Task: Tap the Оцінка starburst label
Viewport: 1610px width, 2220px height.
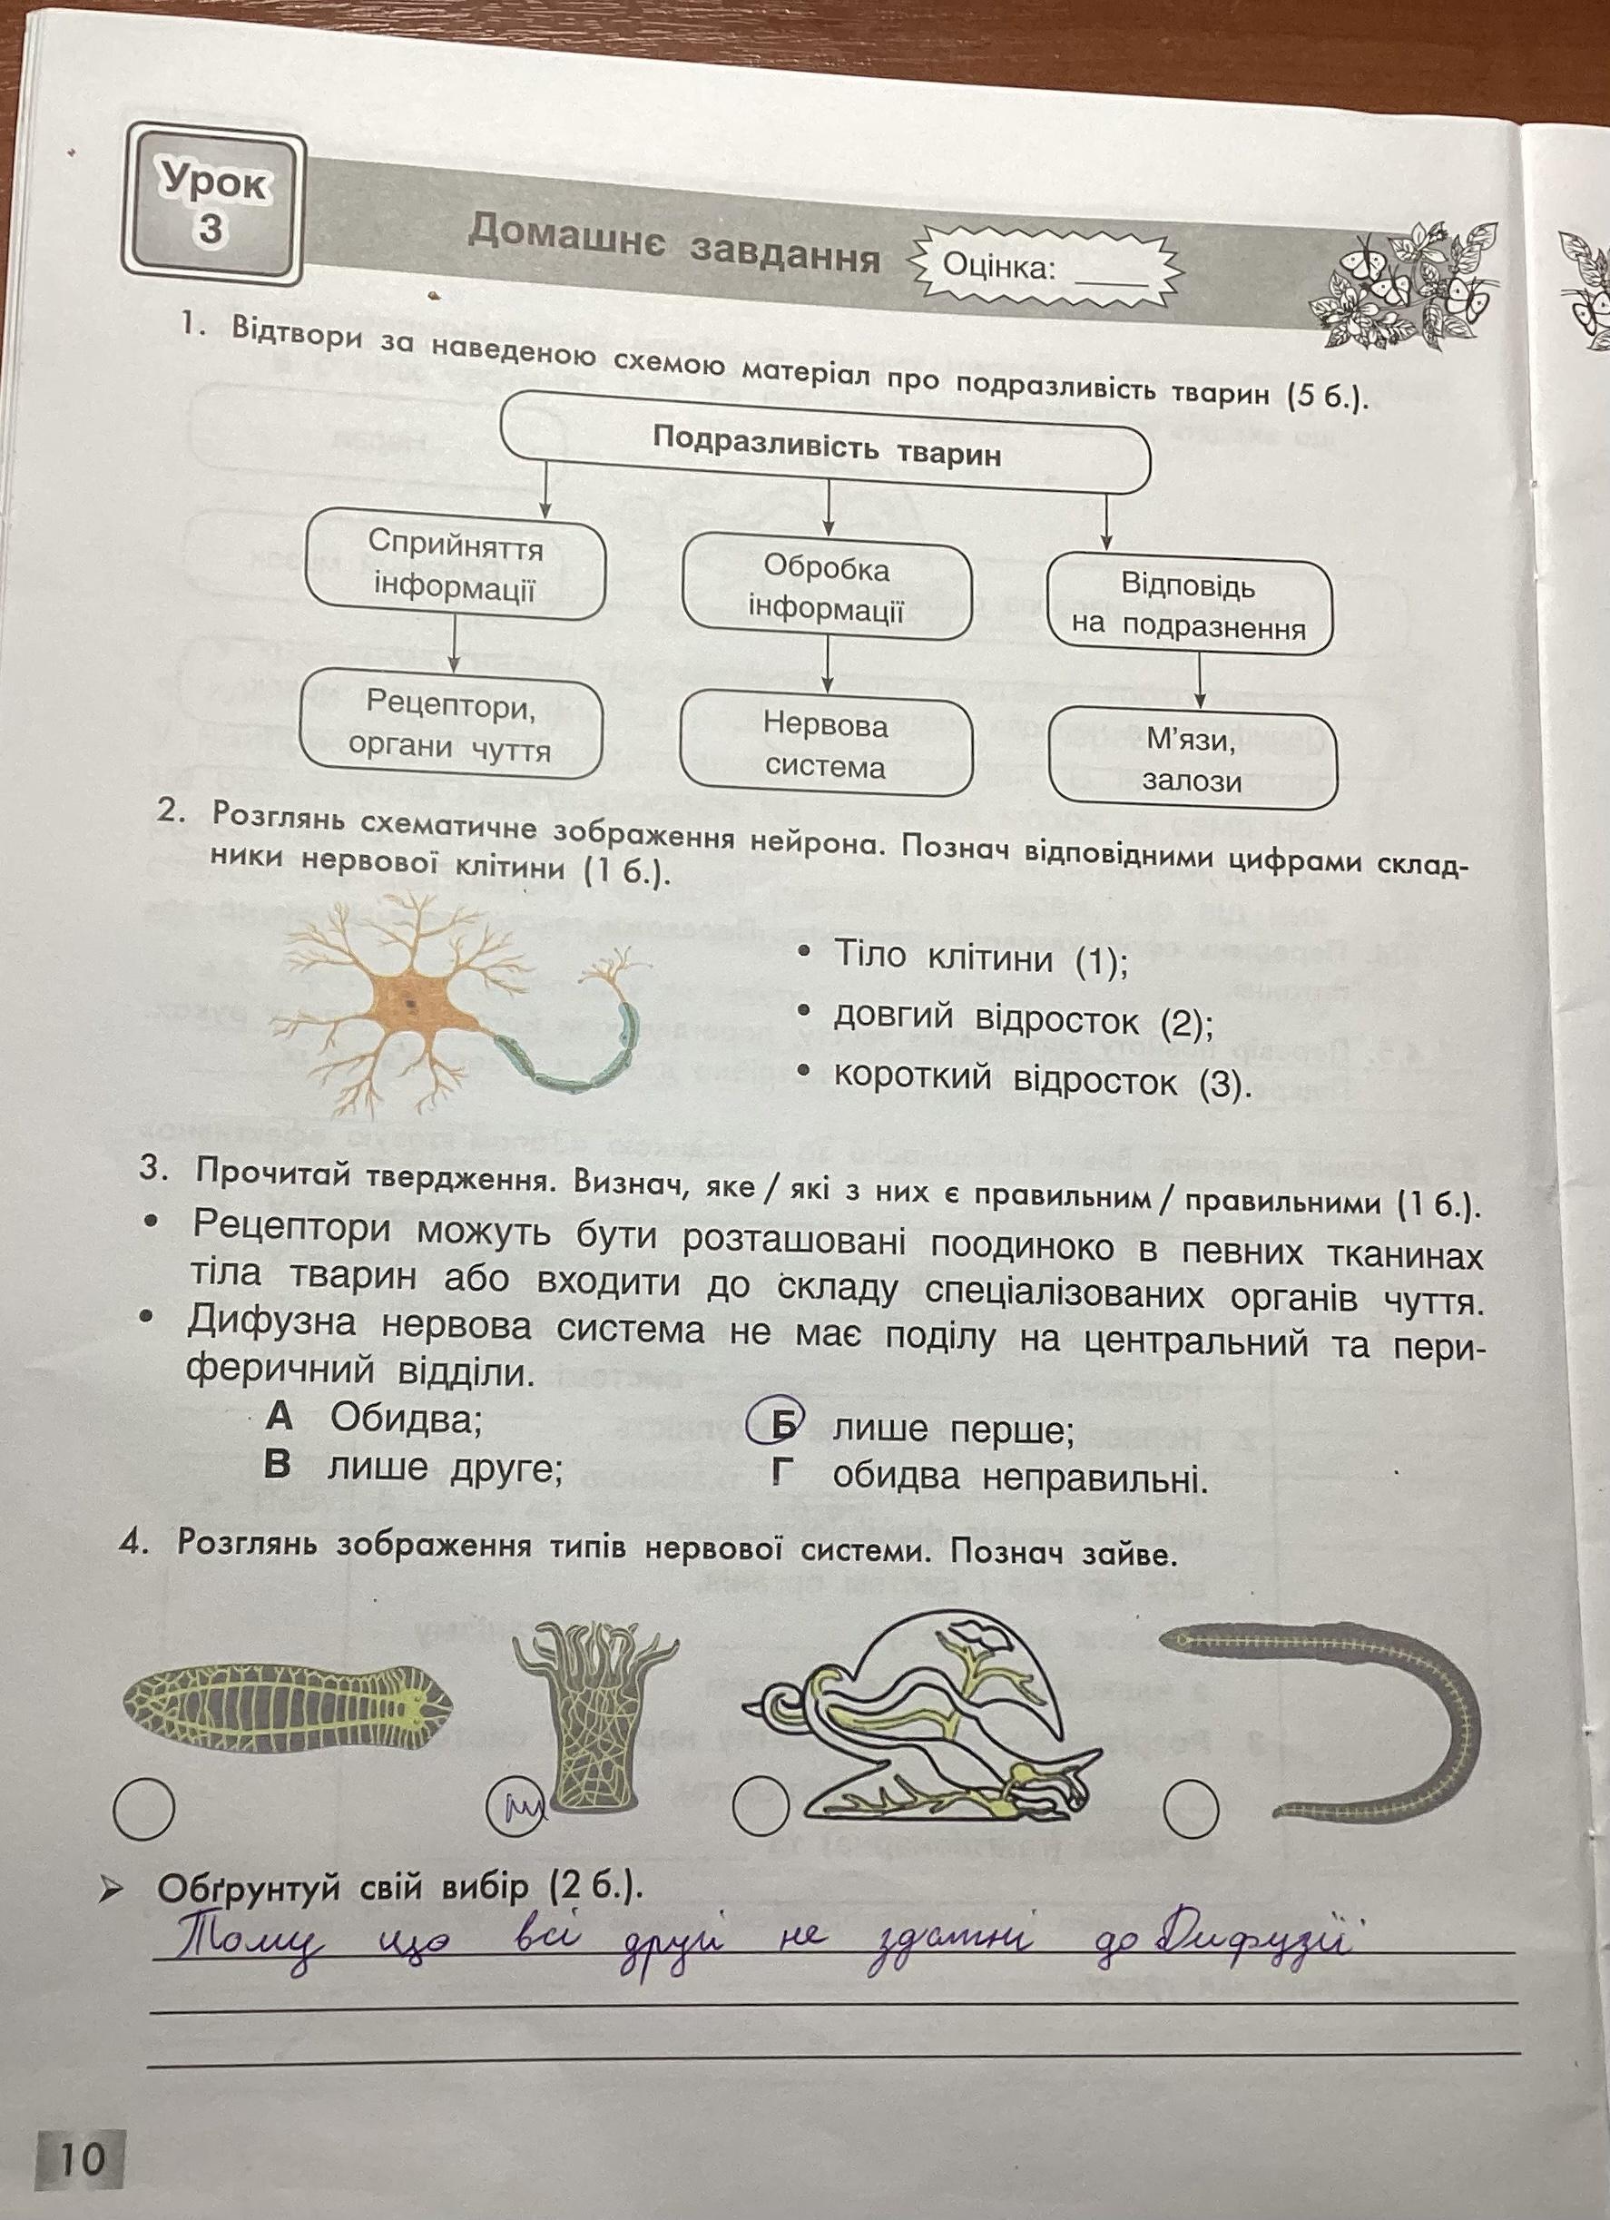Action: click(1046, 265)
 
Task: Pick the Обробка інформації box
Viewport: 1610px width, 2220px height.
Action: click(826, 589)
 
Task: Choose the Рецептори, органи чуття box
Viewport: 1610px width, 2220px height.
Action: click(450, 725)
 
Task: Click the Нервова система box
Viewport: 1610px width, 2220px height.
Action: click(825, 745)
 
